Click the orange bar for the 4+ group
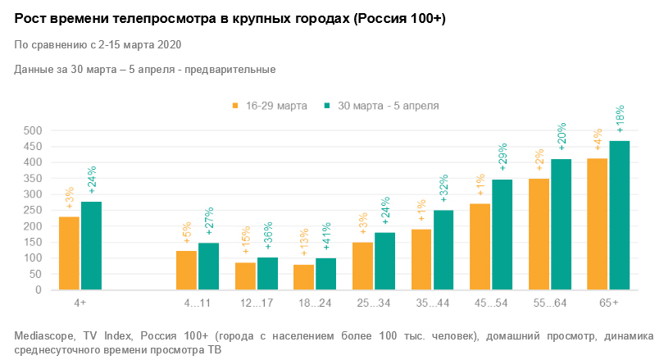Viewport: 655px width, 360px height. pos(70,253)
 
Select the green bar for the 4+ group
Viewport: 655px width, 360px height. pos(91,245)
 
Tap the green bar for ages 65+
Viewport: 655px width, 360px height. pos(619,215)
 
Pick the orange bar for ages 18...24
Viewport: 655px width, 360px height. pos(303,277)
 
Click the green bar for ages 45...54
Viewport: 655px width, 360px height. pos(502,235)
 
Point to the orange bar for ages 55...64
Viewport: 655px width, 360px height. pos(539,234)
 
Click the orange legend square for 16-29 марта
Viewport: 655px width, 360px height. pos(235,106)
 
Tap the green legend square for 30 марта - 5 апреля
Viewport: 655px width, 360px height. pos(325,106)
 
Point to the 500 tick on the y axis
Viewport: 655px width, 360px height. pos(31,130)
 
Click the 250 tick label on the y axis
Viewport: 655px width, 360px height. pos(31,210)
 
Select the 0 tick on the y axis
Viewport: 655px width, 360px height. pos(38,289)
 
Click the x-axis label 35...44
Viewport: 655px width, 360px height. pos(432,303)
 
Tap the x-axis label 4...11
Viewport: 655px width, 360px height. pos(198,303)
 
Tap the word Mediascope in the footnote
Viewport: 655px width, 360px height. pos(44,336)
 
